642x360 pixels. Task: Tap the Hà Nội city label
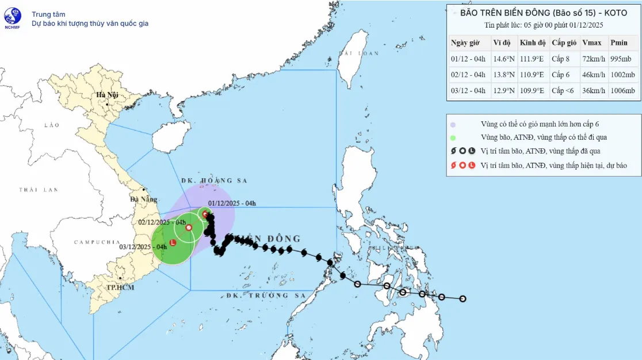(107, 95)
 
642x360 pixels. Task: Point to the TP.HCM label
(120, 287)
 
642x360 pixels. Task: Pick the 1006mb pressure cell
(623, 91)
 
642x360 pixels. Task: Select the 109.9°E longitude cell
(533, 91)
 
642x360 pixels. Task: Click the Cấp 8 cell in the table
(561, 59)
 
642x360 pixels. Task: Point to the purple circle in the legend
(453, 124)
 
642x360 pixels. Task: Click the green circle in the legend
(453, 137)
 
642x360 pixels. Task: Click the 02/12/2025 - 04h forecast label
(162, 222)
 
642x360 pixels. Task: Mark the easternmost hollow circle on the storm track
(462, 298)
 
